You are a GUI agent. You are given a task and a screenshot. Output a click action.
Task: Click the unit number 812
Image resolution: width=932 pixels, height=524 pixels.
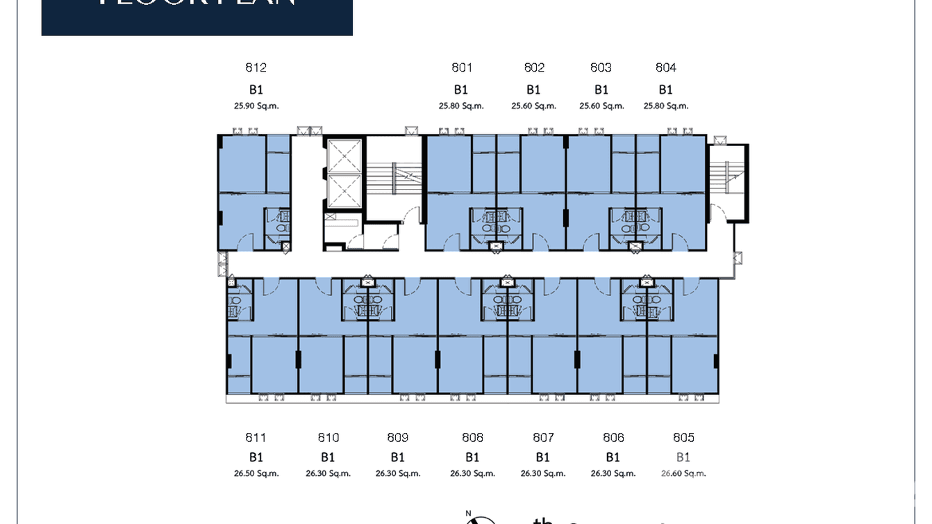pos(256,67)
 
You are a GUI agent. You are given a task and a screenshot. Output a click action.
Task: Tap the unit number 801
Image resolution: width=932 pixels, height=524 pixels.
pos(462,67)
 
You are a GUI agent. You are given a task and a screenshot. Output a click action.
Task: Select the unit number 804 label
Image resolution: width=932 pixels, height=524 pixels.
pos(666,67)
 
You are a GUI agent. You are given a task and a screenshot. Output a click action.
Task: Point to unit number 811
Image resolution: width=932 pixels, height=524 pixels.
pos(256,437)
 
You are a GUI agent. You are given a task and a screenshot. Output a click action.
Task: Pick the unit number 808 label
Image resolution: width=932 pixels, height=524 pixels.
pos(472,437)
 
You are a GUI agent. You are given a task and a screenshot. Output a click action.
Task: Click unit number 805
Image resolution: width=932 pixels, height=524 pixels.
pos(683,437)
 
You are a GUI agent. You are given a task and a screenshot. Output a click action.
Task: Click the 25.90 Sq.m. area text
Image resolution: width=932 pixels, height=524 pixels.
pos(256,106)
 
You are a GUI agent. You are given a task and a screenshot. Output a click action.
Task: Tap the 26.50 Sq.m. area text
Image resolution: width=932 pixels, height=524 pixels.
pos(256,473)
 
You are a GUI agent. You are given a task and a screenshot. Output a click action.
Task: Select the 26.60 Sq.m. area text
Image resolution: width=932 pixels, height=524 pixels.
pos(683,473)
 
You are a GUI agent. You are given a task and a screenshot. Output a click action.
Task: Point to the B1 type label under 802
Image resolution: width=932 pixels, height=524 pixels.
pos(533,90)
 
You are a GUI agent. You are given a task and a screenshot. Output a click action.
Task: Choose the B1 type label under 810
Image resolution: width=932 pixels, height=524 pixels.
pos(328,457)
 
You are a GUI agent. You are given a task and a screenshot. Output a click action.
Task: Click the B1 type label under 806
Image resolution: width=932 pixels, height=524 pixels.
pos(613,457)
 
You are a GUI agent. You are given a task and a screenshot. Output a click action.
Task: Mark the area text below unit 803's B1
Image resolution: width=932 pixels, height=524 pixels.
pos(601,106)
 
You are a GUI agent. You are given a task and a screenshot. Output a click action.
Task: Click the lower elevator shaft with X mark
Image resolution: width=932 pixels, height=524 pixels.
pos(344,191)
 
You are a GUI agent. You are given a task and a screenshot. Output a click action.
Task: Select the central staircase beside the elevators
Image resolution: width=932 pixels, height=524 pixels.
pos(393,179)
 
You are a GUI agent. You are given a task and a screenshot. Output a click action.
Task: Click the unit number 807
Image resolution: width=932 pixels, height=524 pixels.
pos(543,437)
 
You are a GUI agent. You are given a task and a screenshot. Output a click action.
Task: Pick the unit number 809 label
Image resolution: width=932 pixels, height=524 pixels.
pos(398,437)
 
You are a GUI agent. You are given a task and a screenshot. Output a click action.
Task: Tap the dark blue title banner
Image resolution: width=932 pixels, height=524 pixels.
pos(197,15)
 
